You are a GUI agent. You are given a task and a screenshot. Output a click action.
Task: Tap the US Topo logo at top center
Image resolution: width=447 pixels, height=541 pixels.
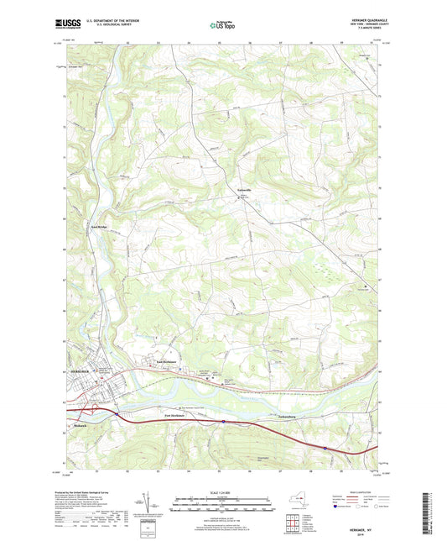[222, 26]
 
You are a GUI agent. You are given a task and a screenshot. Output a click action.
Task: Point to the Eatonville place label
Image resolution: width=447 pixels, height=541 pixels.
[244, 191]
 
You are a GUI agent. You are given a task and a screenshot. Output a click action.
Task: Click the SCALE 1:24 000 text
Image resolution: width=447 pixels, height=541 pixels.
[223, 492]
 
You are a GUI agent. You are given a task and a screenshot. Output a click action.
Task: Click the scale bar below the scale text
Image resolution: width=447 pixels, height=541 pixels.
[223, 503]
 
